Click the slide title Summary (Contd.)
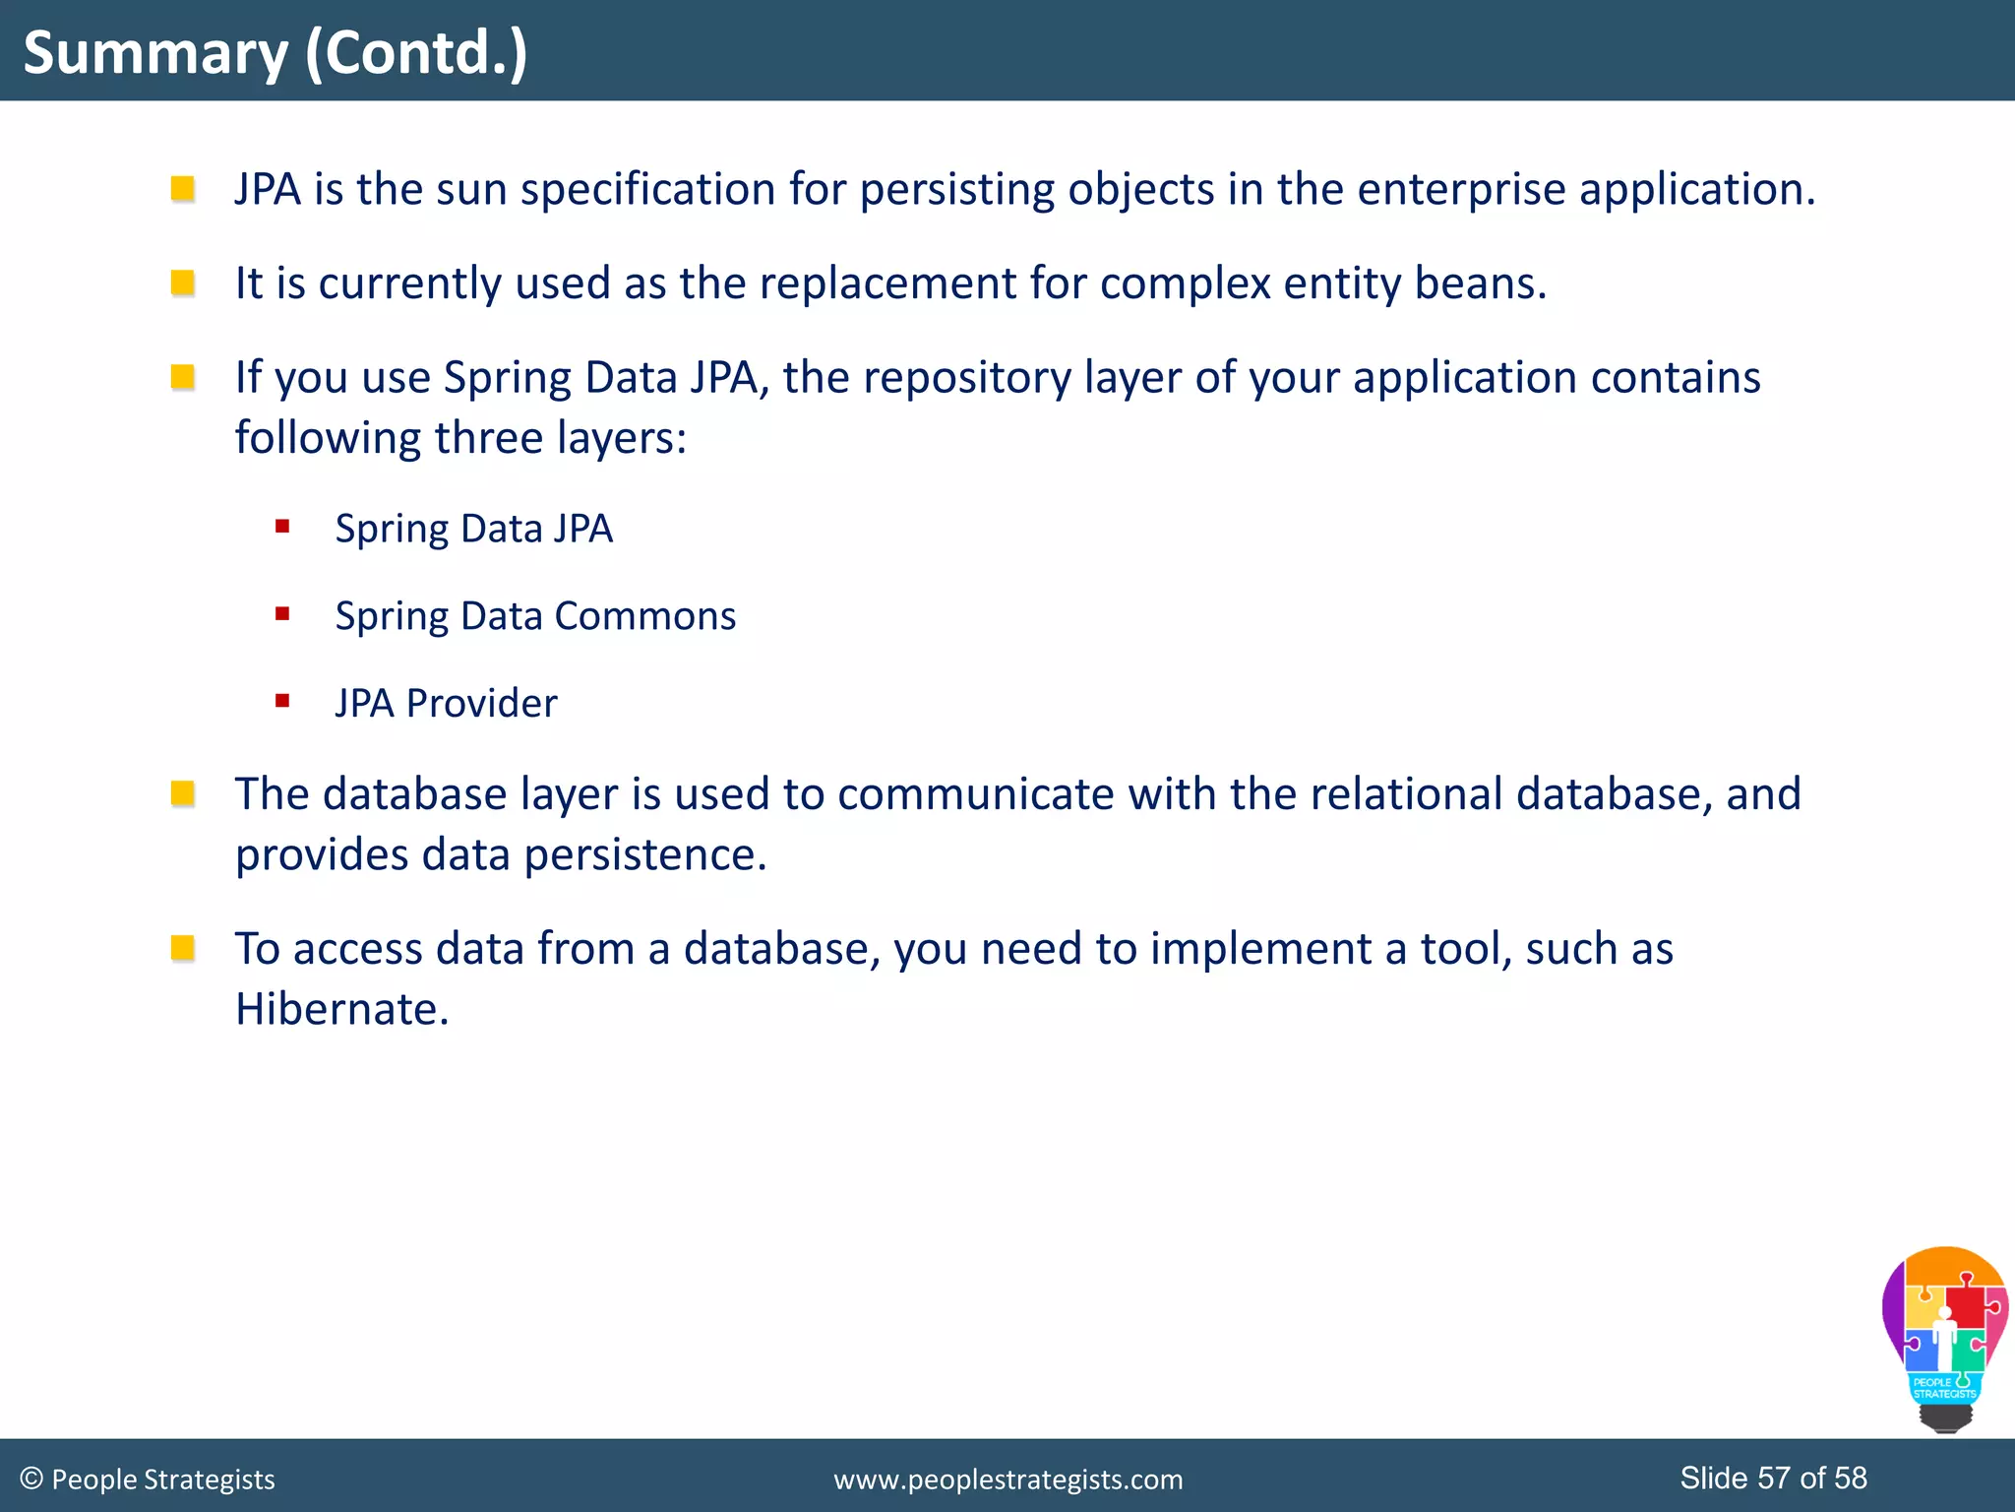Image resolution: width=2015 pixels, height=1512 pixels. pos(275,52)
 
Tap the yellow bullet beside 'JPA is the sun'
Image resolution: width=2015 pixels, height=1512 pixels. pos(182,188)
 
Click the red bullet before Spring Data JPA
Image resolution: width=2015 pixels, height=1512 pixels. pos(282,527)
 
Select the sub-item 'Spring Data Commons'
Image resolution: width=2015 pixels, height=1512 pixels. pos(535,616)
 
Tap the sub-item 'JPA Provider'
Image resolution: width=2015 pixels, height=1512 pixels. pos(446,704)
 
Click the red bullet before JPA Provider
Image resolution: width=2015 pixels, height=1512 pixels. pos(282,701)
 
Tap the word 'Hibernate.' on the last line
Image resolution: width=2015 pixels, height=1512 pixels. pos(341,1009)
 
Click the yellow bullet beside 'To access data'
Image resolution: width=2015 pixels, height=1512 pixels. pos(182,948)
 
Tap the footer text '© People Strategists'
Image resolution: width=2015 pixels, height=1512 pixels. pos(148,1479)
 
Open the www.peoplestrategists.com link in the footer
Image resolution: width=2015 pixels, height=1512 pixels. pos(1007,1480)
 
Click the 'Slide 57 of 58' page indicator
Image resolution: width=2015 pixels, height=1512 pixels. pos(1773,1478)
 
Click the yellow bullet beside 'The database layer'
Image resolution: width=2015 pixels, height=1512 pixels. pos(182,793)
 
